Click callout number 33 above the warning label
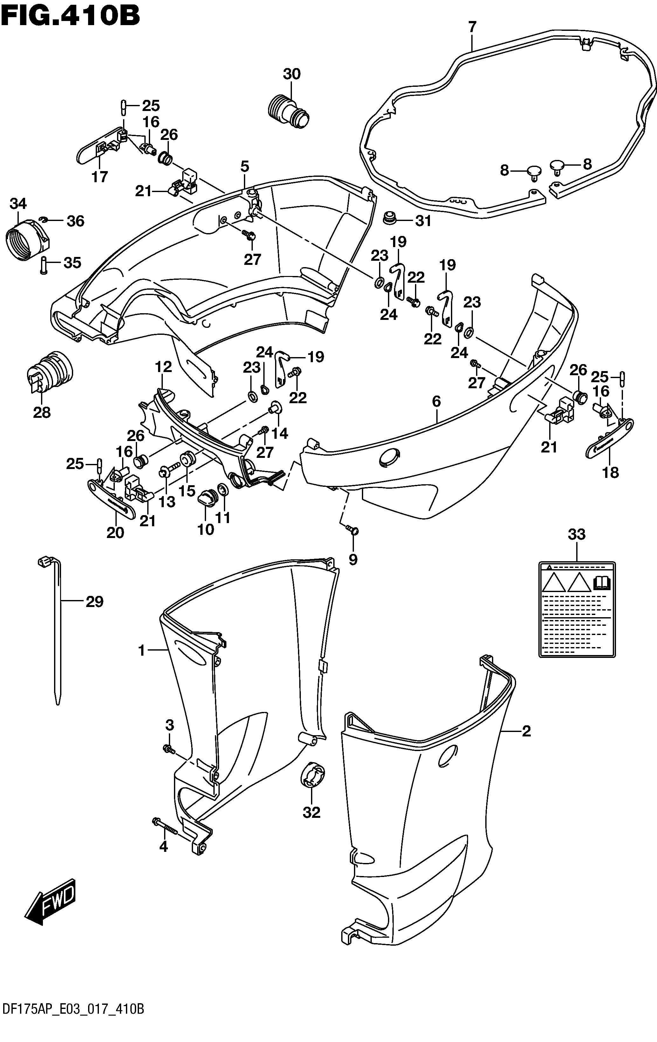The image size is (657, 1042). point(577,535)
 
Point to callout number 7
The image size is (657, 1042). point(472,27)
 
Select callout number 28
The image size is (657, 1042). point(42,412)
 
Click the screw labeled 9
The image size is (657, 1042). point(352,529)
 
